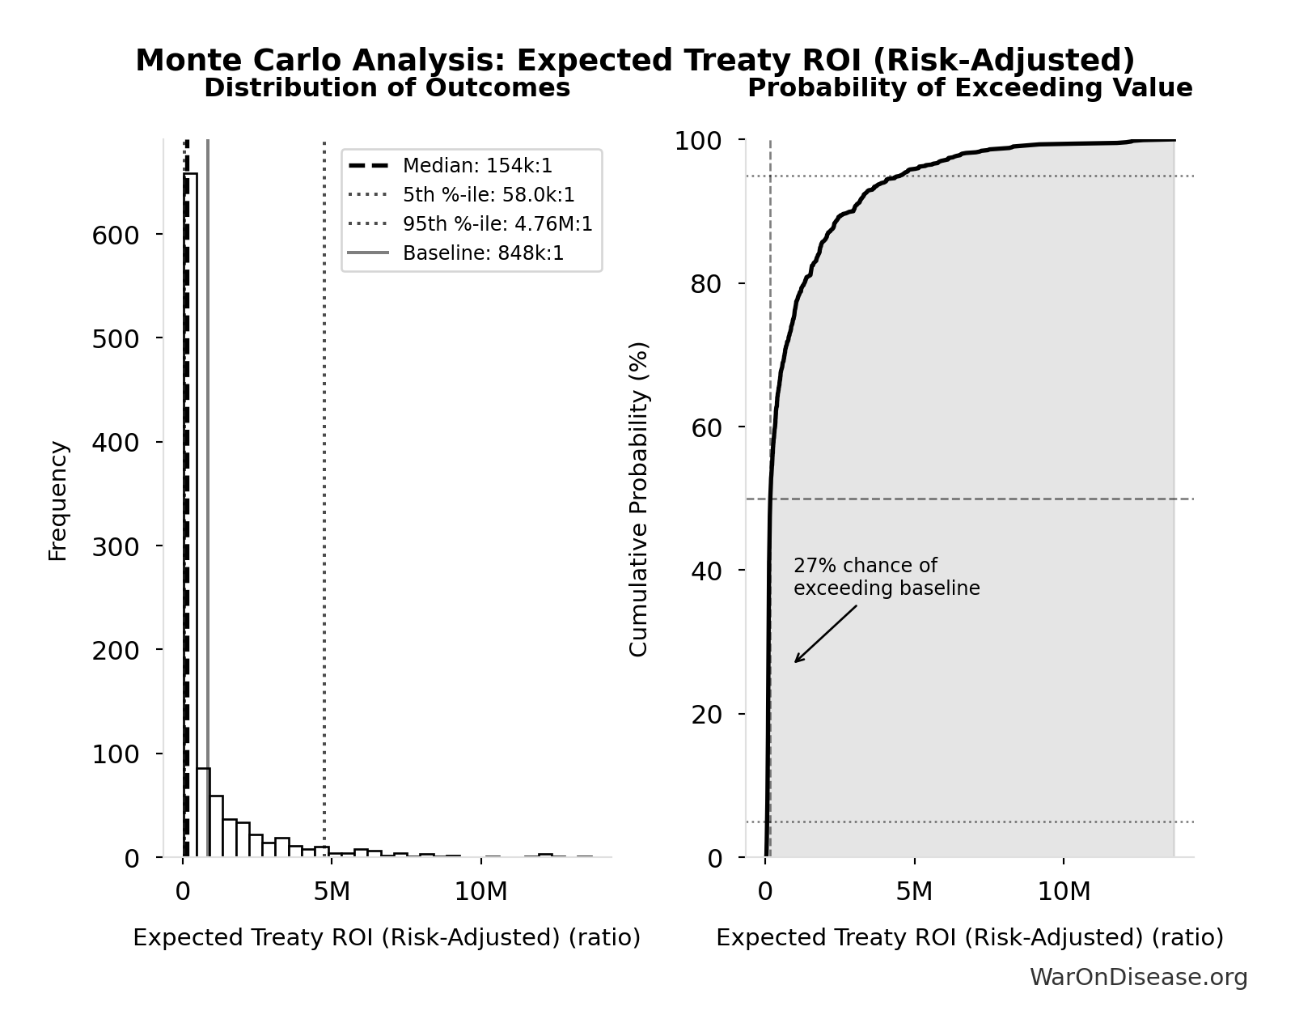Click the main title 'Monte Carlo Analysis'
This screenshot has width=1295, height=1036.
(x=634, y=61)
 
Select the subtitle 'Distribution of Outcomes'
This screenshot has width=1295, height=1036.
(x=387, y=87)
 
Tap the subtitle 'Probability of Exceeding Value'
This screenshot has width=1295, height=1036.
(x=969, y=87)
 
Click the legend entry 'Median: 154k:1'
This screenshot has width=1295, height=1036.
(x=477, y=166)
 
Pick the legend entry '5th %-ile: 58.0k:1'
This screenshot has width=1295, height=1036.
(x=489, y=195)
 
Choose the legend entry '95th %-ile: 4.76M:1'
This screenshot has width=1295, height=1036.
(x=497, y=224)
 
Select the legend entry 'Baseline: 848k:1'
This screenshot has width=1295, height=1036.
(x=483, y=253)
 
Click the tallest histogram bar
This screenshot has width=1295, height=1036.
(x=190, y=518)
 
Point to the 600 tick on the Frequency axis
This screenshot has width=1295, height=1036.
(x=116, y=235)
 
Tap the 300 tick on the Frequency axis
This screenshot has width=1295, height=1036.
(x=116, y=546)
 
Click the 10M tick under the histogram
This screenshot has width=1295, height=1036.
(x=480, y=892)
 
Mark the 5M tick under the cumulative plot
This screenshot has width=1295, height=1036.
(x=914, y=892)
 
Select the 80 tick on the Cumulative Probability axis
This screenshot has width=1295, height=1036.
(x=707, y=284)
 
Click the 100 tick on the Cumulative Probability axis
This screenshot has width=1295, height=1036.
(x=699, y=141)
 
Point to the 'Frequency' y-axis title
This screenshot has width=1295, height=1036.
(x=58, y=500)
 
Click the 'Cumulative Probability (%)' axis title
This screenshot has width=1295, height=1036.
(x=639, y=499)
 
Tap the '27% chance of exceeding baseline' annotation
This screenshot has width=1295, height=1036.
(x=886, y=577)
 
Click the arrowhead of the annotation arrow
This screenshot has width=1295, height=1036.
(x=796, y=661)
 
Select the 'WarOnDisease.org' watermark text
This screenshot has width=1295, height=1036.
(x=1138, y=977)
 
